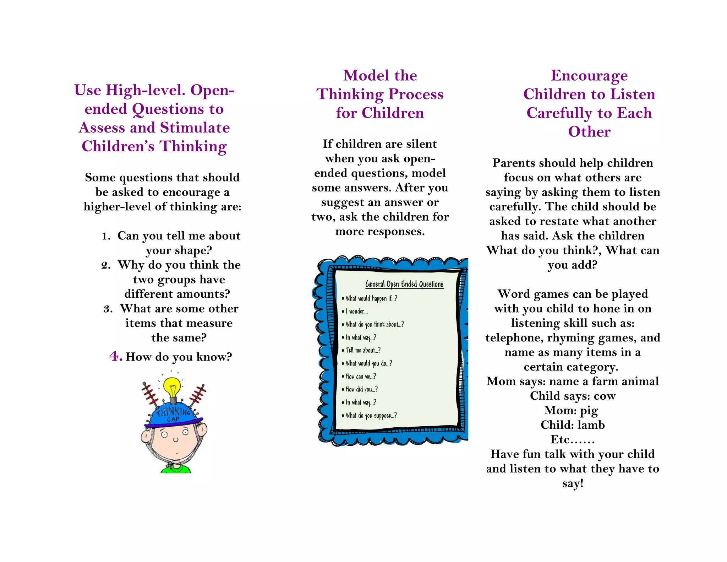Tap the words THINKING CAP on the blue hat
tap(174, 415)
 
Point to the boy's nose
tap(175, 439)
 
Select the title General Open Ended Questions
tap(404, 284)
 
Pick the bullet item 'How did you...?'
tap(361, 389)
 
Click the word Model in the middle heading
tap(361, 76)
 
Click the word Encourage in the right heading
tap(589, 76)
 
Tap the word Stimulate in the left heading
tap(195, 128)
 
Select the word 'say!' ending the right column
tap(573, 483)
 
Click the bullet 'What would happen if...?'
tap(371, 298)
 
